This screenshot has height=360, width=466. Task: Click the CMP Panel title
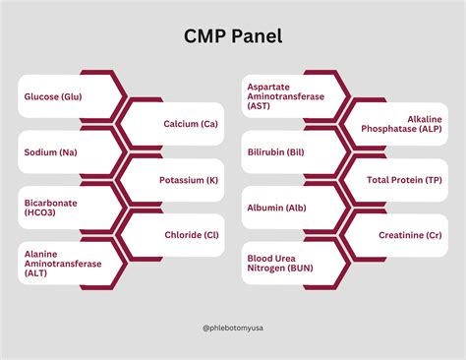point(232,37)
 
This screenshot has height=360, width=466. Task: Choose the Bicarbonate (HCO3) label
point(51,208)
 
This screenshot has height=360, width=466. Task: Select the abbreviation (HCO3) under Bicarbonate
point(42,214)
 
